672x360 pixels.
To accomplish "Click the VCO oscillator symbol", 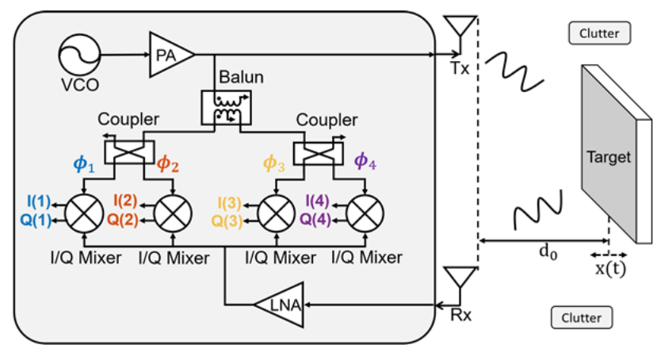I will [79, 55].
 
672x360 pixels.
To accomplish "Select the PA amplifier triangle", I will [170, 55].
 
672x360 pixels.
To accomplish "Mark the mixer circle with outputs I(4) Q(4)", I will [365, 213].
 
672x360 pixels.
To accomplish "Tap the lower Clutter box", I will [582, 318].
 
